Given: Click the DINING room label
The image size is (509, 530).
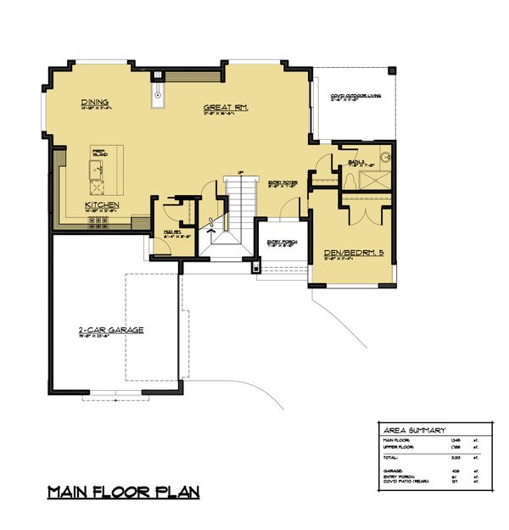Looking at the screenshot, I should (94, 102).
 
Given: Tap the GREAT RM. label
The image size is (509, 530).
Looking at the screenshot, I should (224, 108).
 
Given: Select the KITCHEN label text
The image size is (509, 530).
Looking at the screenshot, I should (101, 206).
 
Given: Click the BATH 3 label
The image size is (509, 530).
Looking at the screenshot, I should (356, 162).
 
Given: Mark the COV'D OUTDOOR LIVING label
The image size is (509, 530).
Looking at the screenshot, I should (355, 97).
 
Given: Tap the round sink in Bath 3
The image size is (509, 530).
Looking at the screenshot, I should (383, 157).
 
